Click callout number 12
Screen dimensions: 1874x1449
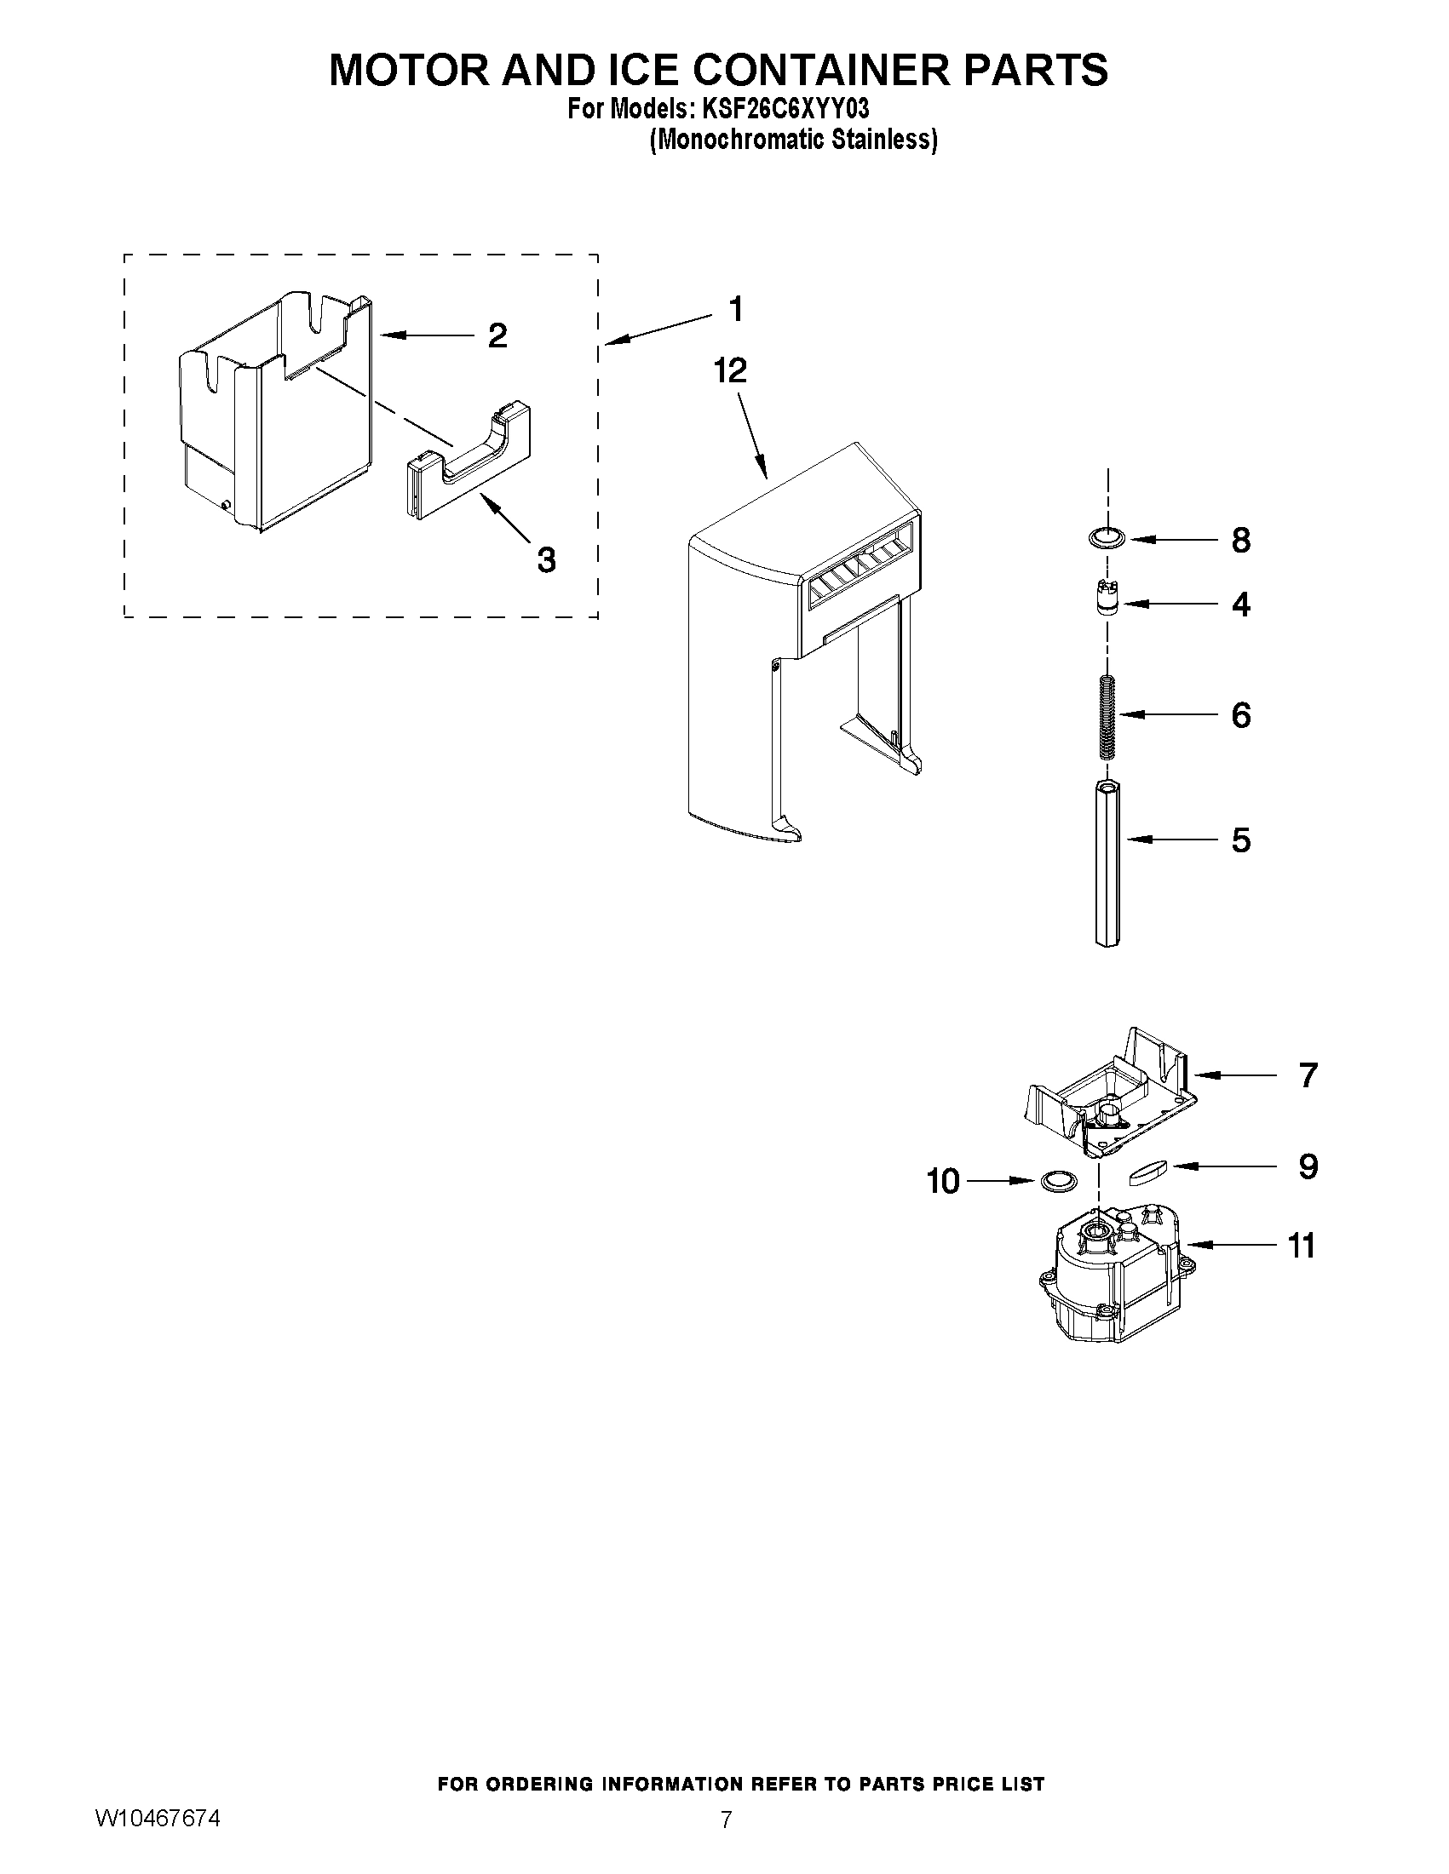point(731,370)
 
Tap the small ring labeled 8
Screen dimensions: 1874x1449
point(1106,538)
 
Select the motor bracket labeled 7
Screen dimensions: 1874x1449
point(1107,1091)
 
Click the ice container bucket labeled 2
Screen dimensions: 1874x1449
point(274,412)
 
